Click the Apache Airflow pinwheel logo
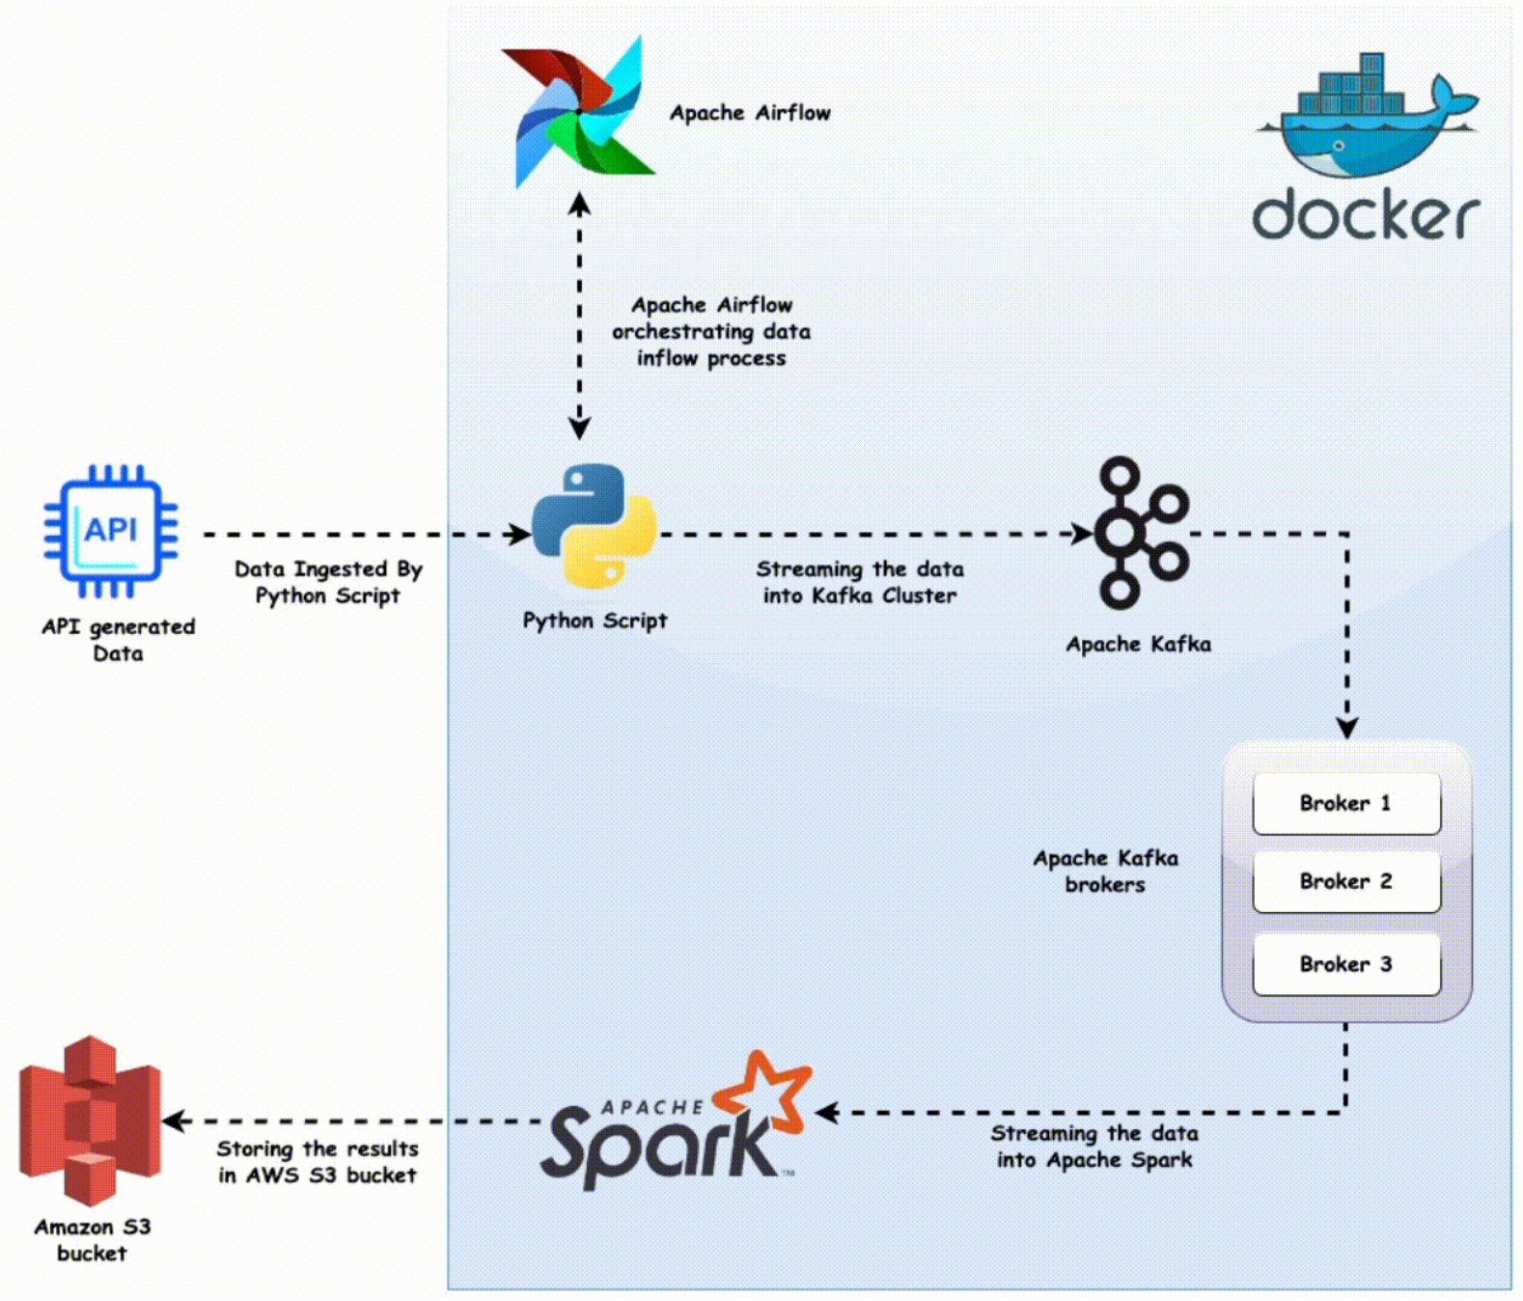pyautogui.click(x=579, y=112)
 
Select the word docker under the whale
pyautogui.click(x=1365, y=214)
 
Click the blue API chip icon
pyautogui.click(x=110, y=531)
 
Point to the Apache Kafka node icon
pyautogui.click(x=1139, y=533)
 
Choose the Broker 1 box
pyautogui.click(x=1345, y=803)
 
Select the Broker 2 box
pyautogui.click(x=1345, y=881)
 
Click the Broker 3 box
pyautogui.click(x=1345, y=964)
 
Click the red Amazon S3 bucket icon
pyautogui.click(x=90, y=1120)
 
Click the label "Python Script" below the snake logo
pyautogui.click(x=595, y=621)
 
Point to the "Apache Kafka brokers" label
pyautogui.click(x=1105, y=871)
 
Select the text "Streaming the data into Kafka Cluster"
pyautogui.click(x=859, y=582)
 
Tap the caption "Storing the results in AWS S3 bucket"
pyautogui.click(x=317, y=1161)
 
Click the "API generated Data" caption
pyautogui.click(x=118, y=640)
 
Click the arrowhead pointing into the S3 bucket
pyautogui.click(x=174, y=1121)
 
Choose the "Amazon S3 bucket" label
pyautogui.click(x=93, y=1239)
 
